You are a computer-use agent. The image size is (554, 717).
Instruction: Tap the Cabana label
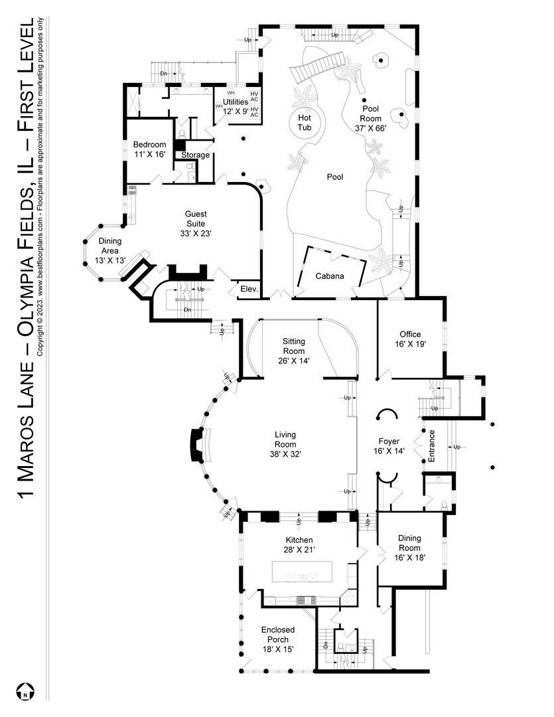[329, 276]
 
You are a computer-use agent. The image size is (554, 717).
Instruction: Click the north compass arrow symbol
[25, 692]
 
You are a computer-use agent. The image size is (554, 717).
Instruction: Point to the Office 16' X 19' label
[411, 339]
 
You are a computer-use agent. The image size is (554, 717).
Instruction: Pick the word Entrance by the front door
[431, 446]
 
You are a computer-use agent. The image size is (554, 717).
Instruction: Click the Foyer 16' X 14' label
[389, 445]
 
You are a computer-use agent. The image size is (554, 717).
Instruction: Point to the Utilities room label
[235, 106]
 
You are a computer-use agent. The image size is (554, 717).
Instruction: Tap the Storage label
[195, 155]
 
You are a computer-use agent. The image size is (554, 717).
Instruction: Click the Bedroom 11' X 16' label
[149, 149]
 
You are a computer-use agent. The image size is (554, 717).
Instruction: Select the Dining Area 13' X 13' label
[109, 251]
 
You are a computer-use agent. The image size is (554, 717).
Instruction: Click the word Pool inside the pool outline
[335, 177]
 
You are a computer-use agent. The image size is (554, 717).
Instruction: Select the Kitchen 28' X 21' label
[299, 544]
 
